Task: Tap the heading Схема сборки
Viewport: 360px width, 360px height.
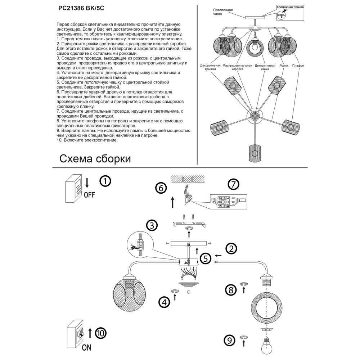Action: click(x=95, y=159)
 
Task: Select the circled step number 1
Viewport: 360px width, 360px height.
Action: click(x=105, y=181)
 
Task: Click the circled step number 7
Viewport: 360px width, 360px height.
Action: click(x=233, y=185)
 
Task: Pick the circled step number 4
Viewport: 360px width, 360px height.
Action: click(x=164, y=302)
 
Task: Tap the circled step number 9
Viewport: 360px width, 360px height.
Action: click(x=230, y=340)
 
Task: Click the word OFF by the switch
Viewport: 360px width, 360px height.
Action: click(x=89, y=195)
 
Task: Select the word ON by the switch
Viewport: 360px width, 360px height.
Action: click(x=86, y=347)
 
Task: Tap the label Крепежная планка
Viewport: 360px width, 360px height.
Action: click(x=290, y=7)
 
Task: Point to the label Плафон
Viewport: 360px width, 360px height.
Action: click(x=298, y=66)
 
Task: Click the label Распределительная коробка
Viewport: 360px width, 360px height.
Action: click(x=238, y=67)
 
